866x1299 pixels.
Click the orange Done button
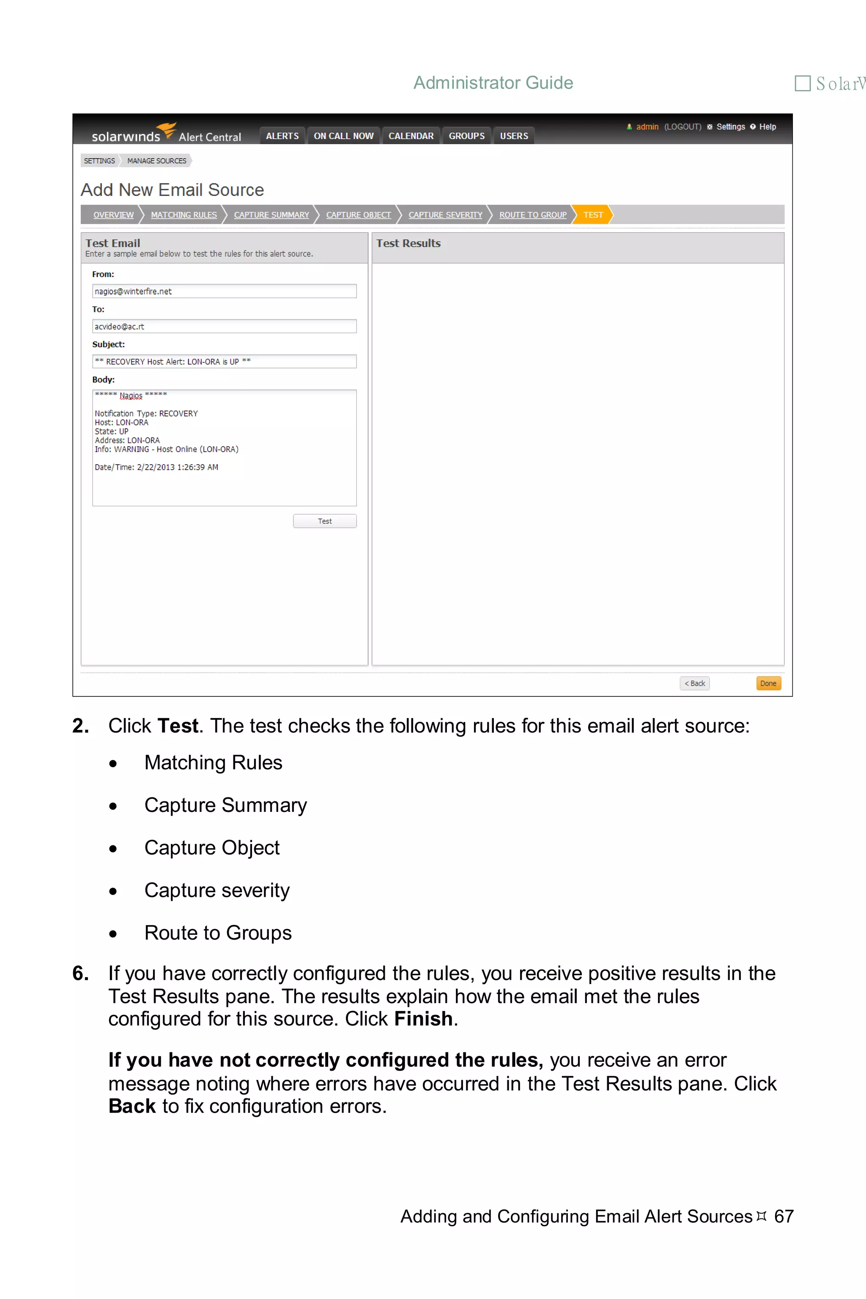(768, 683)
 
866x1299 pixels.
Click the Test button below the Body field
(325, 521)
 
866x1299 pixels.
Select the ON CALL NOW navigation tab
(343, 136)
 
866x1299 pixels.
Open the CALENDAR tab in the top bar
(411, 136)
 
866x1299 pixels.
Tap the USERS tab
(514, 136)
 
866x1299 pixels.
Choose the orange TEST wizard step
(592, 215)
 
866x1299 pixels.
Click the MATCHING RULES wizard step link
(184, 215)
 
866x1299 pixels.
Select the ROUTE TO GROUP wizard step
(532, 215)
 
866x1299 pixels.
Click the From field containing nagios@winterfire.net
(224, 291)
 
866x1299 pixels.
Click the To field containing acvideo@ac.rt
(224, 326)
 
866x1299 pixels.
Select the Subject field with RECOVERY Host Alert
(224, 362)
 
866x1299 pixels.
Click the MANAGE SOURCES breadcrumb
(157, 161)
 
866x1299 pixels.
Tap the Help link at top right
(767, 126)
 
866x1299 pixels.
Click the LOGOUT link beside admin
(682, 126)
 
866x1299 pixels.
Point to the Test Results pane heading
(409, 244)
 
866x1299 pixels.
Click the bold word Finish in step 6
(423, 1019)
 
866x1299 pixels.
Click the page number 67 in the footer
(784, 1216)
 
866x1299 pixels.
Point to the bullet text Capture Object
(212, 848)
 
